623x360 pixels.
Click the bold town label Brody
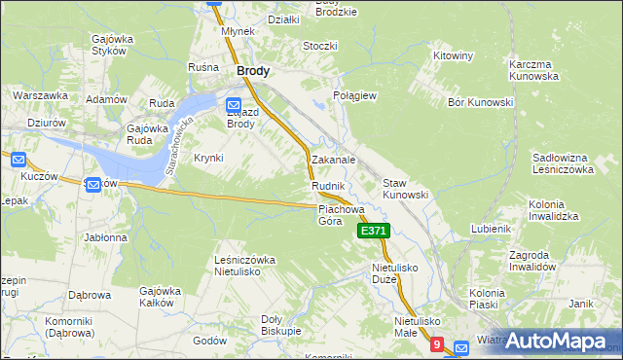253,71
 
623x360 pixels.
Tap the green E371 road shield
375,231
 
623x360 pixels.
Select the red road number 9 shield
437,344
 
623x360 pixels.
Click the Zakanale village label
333,159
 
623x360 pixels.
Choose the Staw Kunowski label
405,189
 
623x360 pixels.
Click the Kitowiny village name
454,55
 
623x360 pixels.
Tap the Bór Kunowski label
480,102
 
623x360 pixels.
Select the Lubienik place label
491,228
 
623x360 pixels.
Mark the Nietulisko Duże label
395,271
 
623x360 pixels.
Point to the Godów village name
210,341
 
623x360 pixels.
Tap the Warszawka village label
40,95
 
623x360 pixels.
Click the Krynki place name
208,158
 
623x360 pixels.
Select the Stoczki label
319,46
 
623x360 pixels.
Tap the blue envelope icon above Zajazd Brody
234,105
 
